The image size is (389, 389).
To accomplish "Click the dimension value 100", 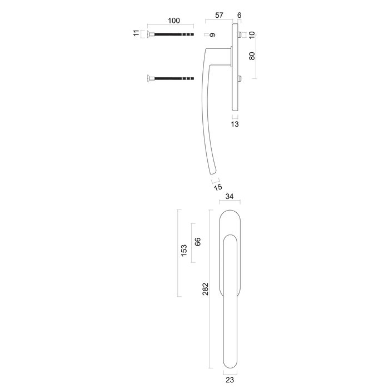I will coord(173,21).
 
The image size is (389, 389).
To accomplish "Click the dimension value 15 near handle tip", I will coord(218,187).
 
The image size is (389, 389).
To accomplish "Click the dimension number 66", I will coord(197,242).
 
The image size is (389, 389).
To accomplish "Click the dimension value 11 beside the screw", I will coord(136,34).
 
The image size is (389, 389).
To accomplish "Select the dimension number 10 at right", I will coord(252,35).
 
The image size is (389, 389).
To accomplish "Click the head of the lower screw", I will coord(149,79).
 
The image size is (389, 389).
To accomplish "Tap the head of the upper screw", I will coord(149,35).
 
